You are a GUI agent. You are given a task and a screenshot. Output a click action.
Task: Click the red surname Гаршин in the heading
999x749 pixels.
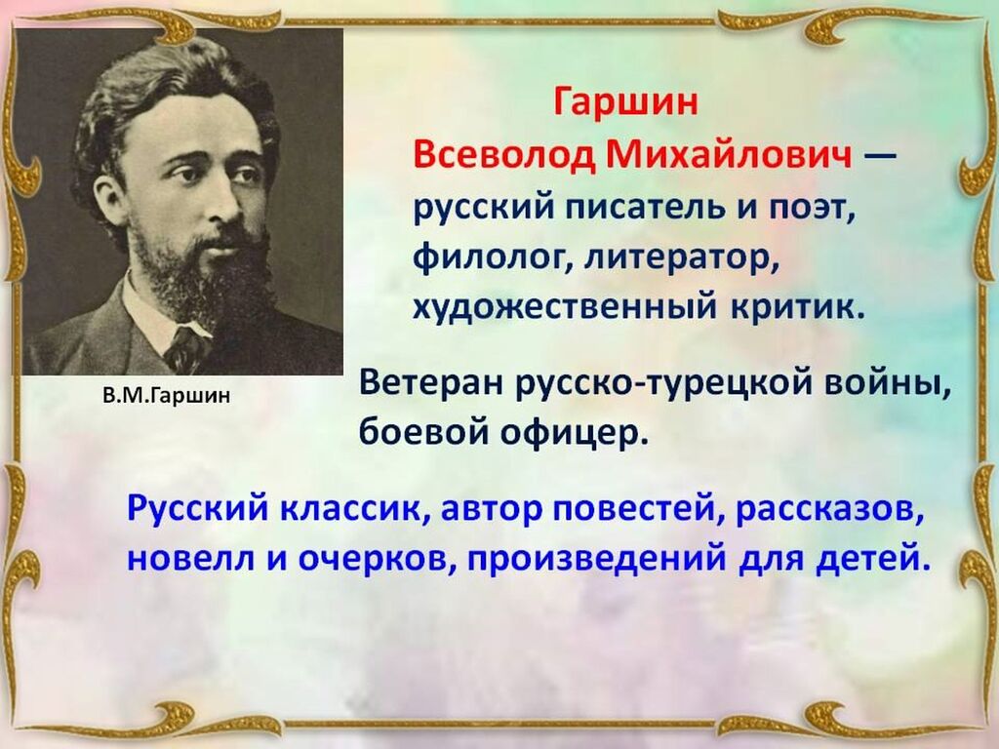click(x=625, y=102)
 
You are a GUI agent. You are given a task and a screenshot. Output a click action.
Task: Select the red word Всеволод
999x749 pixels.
click(x=504, y=155)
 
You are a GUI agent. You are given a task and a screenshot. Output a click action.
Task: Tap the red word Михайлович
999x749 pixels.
click(x=729, y=154)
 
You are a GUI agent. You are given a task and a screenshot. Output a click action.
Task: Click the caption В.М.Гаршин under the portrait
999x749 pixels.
click(x=166, y=396)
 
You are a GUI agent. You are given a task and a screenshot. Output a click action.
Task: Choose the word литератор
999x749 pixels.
click(x=682, y=257)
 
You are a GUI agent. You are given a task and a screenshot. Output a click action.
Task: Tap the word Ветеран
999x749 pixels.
click(x=432, y=383)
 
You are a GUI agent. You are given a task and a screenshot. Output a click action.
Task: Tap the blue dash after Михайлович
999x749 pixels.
click(x=879, y=155)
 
